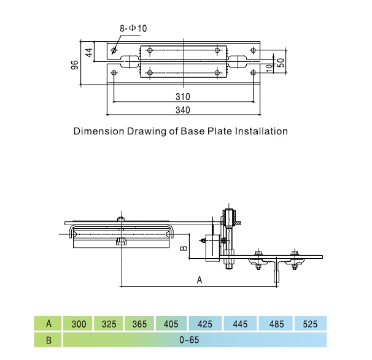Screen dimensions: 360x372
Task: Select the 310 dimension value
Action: [x=182, y=97]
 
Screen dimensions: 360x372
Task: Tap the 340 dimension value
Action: [x=182, y=110]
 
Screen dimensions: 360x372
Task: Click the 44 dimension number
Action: [x=88, y=53]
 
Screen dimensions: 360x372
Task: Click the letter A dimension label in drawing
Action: [x=199, y=280]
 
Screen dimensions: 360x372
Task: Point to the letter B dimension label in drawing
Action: [x=182, y=249]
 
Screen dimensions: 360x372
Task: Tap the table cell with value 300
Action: [x=79, y=324]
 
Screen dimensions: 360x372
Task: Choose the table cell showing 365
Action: [x=140, y=324]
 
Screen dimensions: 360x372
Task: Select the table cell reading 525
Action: [x=310, y=324]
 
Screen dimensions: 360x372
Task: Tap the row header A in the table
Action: [x=48, y=324]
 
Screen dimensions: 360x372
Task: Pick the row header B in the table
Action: [x=48, y=339]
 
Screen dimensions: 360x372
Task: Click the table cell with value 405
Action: [x=171, y=324]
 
